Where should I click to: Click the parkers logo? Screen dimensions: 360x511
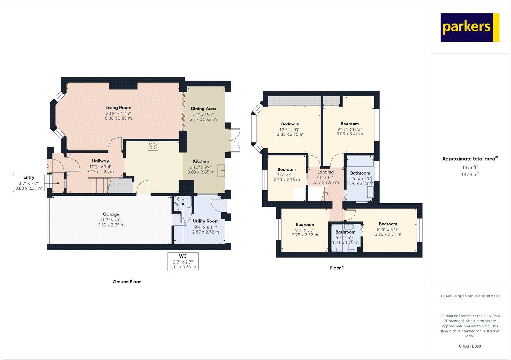click(469, 27)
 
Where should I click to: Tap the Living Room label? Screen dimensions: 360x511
click(118, 108)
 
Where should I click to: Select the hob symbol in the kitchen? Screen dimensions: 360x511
click(153, 146)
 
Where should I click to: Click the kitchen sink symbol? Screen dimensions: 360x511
click(222, 170)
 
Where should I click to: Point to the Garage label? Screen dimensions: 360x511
click(111, 214)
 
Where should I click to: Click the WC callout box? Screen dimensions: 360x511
click(183, 261)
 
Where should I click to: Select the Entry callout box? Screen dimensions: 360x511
click(29, 183)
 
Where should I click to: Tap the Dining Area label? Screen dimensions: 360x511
click(203, 109)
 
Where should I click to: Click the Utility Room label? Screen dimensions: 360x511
click(205, 221)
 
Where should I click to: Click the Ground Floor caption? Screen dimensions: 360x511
click(126, 282)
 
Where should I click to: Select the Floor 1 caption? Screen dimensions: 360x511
click(337, 268)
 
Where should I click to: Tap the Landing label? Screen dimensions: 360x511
click(325, 172)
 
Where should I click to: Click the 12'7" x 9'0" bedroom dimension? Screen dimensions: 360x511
click(290, 130)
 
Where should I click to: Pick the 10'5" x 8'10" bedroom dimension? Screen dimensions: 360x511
click(388, 229)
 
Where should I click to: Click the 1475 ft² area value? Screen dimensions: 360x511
click(470, 167)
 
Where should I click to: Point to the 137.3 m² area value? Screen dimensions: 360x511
click(470, 174)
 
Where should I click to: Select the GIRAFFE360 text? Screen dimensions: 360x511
click(470, 346)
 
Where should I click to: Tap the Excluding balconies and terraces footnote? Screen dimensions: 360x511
click(470, 296)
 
